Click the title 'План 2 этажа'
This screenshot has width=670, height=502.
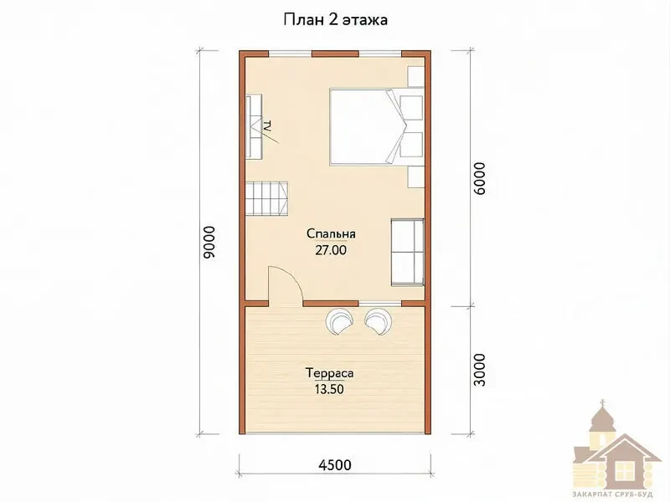336,20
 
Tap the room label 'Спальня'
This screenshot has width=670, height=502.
331,233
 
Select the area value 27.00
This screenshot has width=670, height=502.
331,250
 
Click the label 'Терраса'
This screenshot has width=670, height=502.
330,373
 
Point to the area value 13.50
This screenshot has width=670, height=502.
329,389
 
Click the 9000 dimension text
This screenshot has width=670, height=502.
210,243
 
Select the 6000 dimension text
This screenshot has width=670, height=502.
480,178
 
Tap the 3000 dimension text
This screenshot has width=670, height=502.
480,370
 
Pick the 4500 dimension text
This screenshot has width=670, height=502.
335,464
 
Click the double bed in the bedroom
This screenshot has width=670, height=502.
368,126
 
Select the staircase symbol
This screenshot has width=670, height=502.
266,198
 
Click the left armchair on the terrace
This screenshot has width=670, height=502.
340,321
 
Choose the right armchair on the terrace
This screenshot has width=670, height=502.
379,321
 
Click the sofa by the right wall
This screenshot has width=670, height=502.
407,252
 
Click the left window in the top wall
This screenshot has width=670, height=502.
290,54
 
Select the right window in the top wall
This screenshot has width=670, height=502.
380,54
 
